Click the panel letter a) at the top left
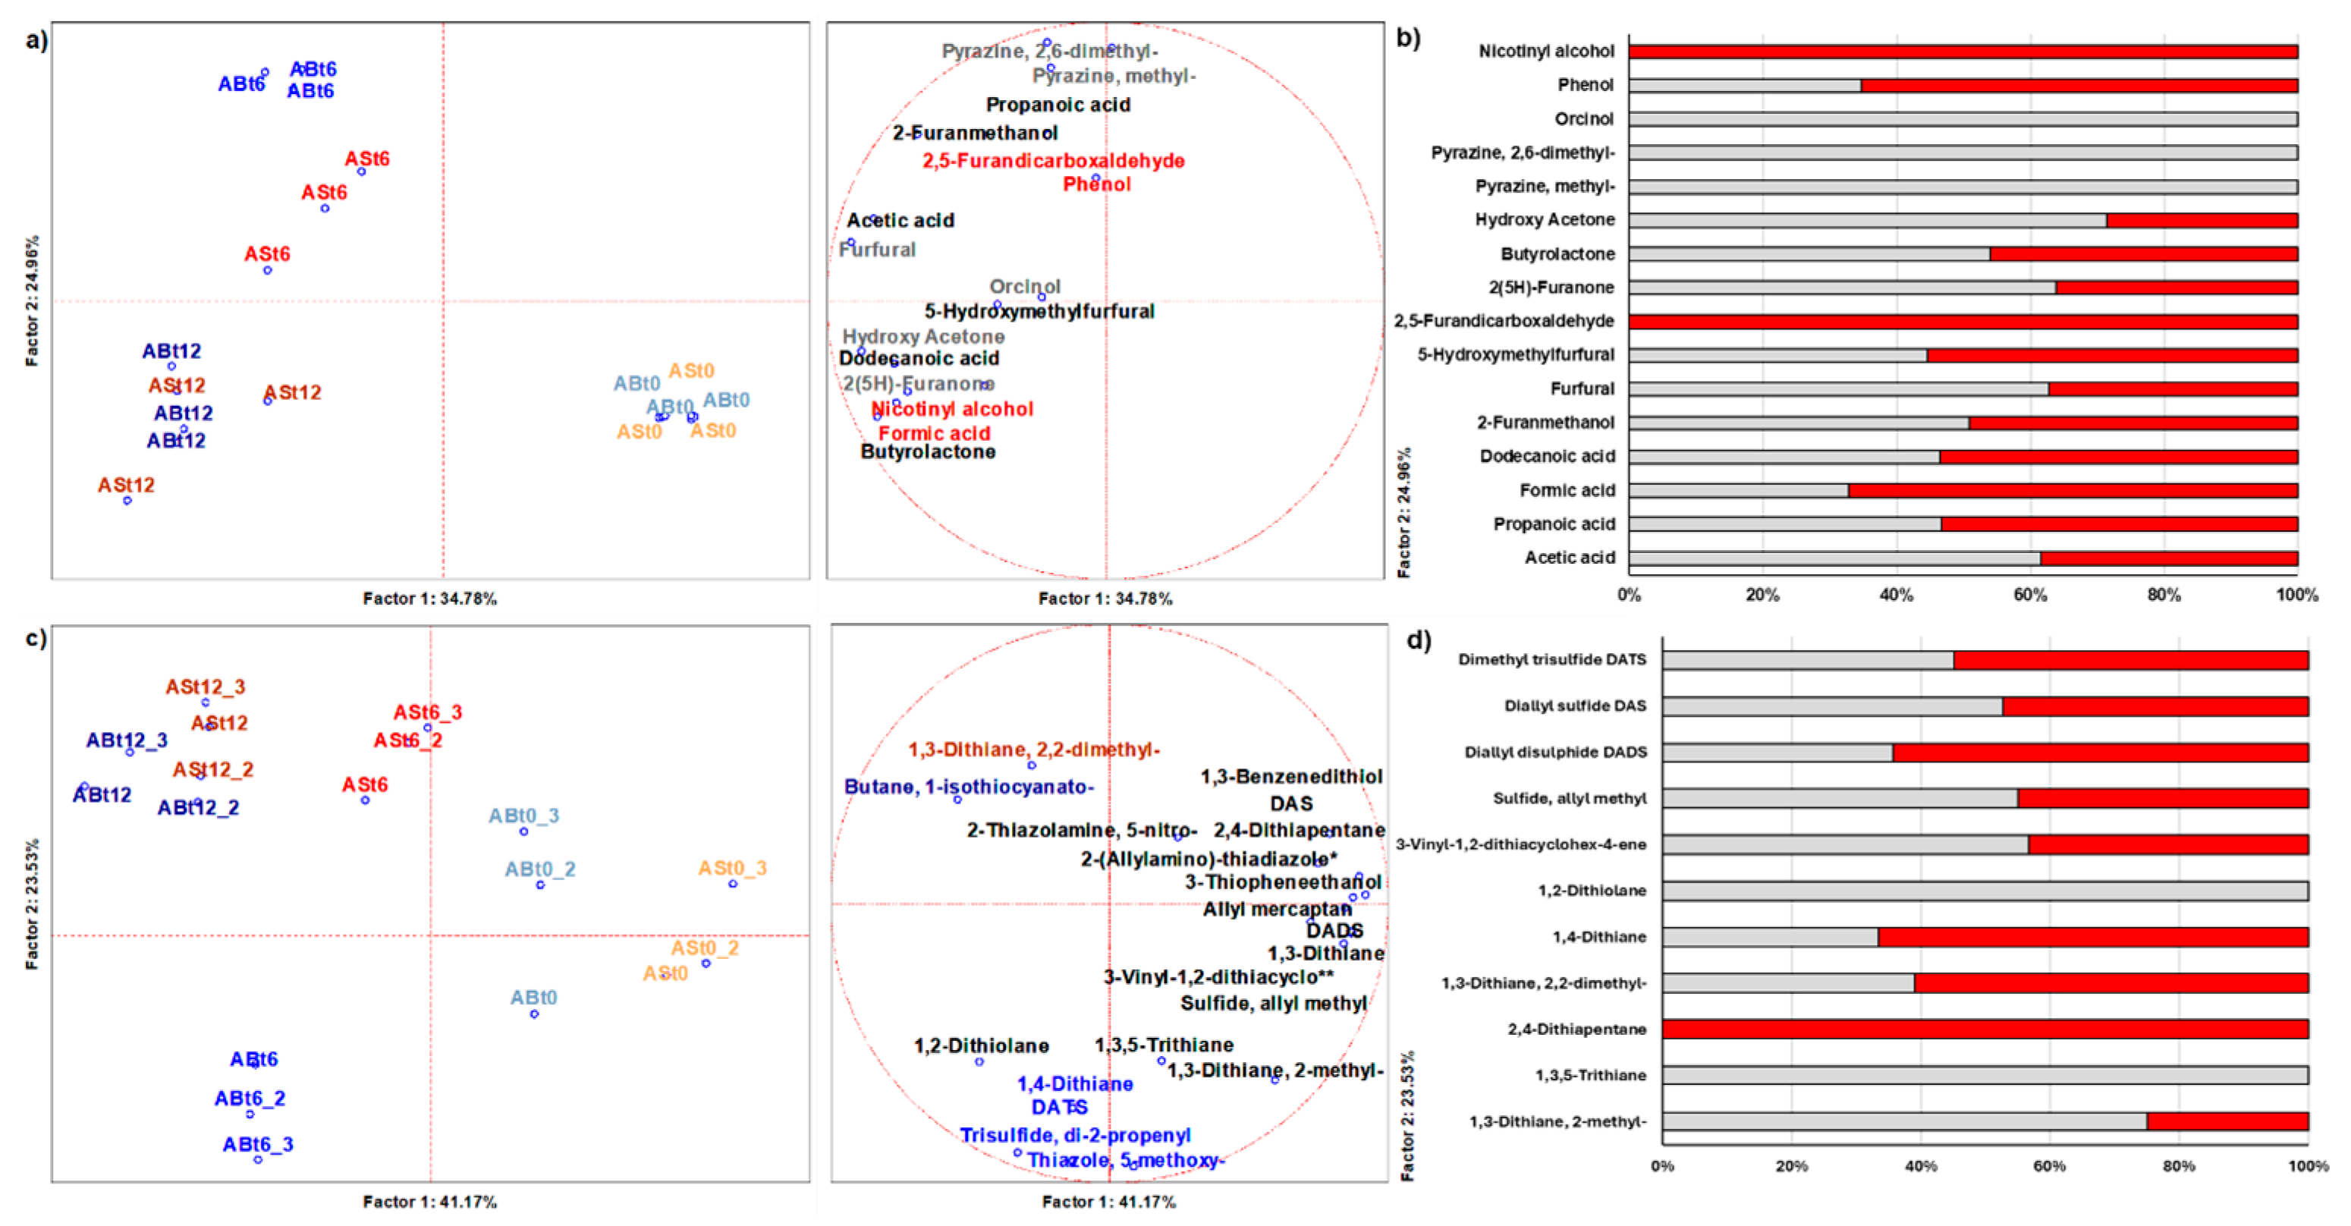coord(36,40)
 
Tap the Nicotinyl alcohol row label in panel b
coord(1546,51)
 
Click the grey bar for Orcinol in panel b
coord(1963,118)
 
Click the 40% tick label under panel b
coord(1896,596)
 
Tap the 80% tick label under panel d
coord(2179,1166)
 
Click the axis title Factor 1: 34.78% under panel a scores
coord(430,599)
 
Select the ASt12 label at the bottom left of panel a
coord(126,485)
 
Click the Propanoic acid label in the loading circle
coord(1058,105)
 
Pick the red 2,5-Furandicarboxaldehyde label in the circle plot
coord(1053,161)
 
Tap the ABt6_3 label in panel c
coord(257,1144)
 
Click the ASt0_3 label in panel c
coord(732,867)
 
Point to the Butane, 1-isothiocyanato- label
coord(968,786)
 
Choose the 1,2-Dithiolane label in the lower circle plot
coord(981,1045)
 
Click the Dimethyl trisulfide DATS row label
coord(1551,659)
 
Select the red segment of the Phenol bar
coord(2079,85)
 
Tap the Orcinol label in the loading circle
coord(1025,287)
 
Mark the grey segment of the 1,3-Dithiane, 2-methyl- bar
coord(1904,1121)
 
